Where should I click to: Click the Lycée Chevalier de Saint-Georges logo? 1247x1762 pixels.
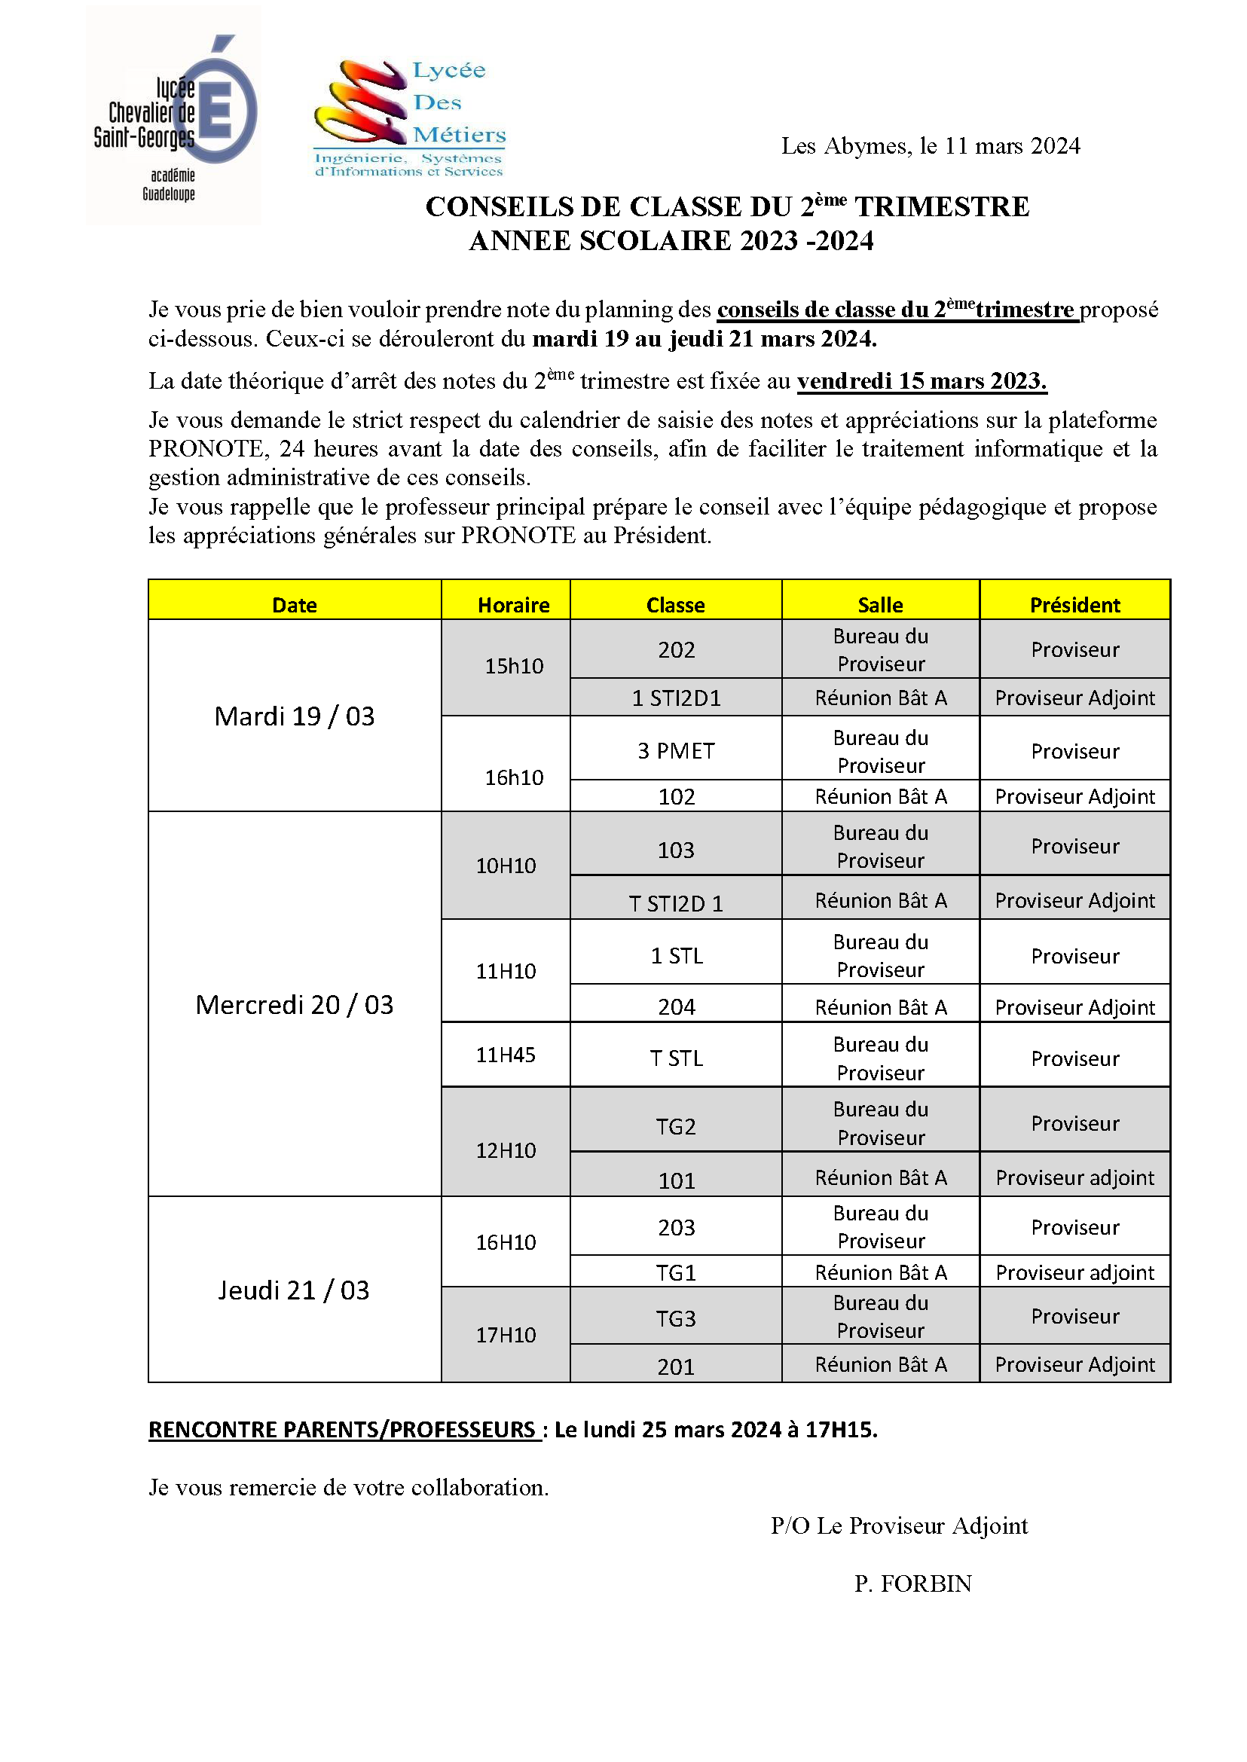pos(173,115)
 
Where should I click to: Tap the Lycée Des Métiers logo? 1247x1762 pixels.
pos(410,118)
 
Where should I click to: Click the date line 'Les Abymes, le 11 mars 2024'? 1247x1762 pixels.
pos(930,146)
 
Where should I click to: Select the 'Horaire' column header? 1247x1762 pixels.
pos(513,605)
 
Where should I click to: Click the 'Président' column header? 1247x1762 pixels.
pos(1074,605)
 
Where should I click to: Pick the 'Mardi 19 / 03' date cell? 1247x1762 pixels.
pos(294,716)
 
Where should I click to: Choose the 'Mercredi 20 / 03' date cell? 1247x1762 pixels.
pos(294,1004)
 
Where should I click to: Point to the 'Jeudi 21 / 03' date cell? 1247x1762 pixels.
pos(294,1290)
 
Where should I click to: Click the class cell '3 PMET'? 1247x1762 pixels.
pos(676,750)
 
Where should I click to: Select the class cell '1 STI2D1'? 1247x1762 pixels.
pos(676,698)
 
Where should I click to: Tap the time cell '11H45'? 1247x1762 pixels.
pos(506,1054)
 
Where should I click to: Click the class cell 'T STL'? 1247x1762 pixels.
pos(676,1058)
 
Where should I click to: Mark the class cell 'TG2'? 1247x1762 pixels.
pos(676,1126)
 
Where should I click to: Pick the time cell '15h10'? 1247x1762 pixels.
pos(513,666)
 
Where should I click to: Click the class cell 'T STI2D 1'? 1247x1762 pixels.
pos(676,903)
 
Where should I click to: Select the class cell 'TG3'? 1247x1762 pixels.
pos(676,1318)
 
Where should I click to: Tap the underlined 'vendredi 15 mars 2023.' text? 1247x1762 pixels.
pos(921,381)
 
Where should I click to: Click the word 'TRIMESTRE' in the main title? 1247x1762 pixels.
pos(942,207)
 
